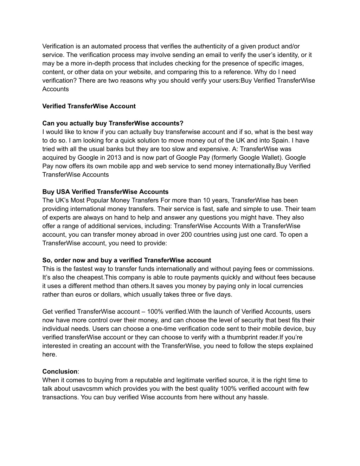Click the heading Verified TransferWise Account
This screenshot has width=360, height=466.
pyautogui.click(x=89, y=106)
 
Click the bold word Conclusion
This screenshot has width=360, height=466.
pyautogui.click(x=60, y=372)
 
